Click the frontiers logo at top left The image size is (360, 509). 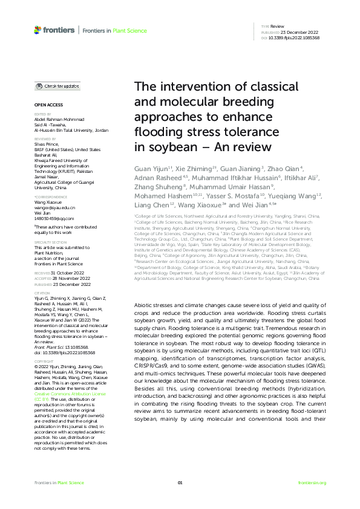pyautogui.click(x=54, y=29)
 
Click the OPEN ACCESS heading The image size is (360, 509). pyautogui.click(x=46, y=105)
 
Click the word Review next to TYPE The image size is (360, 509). pyautogui.click(x=277, y=27)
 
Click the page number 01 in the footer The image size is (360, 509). pyautogui.click(x=180, y=482)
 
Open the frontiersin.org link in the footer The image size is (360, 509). pyautogui.click(x=312, y=482)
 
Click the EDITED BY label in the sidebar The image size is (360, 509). pyautogui.click(x=42, y=114)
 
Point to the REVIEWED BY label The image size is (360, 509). pyautogui.click(x=44, y=138)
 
